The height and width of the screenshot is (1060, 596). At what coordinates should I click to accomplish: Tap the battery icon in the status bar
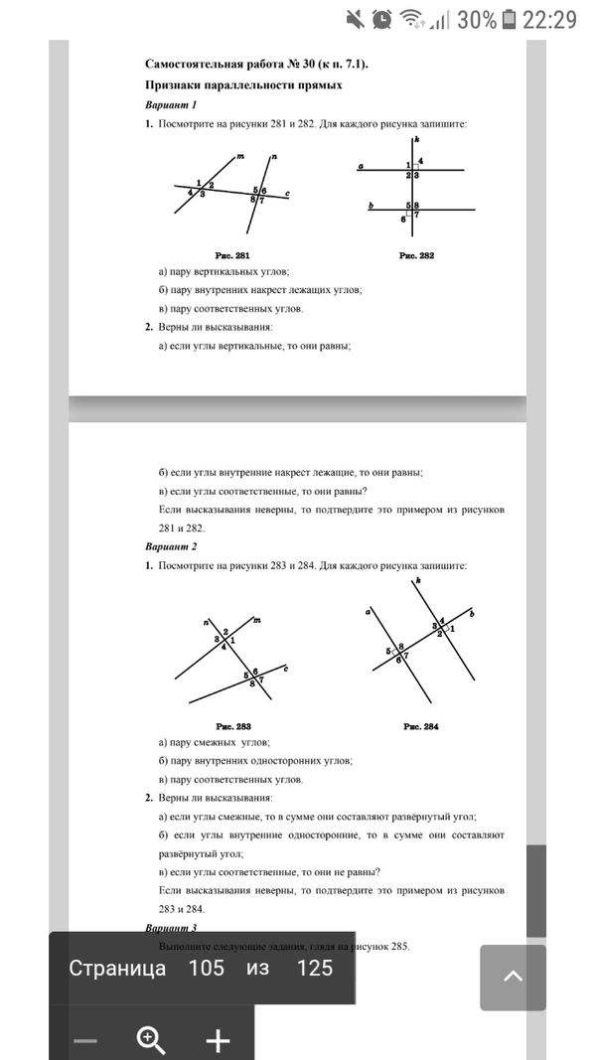tap(510, 19)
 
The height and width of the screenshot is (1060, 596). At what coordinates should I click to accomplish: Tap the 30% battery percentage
tap(477, 19)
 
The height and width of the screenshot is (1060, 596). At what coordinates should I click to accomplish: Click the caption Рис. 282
tap(417, 255)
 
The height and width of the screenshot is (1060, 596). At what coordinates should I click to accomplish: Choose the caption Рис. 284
tap(421, 726)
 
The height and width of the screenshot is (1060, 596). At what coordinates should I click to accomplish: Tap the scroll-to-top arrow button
tap(513, 978)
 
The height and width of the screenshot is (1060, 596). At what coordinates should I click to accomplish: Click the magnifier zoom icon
tap(151, 1039)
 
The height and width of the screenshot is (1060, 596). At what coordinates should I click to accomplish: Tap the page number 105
tap(206, 969)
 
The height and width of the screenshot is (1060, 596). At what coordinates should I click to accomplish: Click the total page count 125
tap(314, 969)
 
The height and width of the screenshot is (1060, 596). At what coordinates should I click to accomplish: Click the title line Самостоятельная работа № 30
tap(256, 65)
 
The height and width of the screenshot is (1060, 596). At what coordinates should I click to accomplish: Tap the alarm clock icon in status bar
tap(381, 19)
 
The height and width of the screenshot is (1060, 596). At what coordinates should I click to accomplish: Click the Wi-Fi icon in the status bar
tap(411, 19)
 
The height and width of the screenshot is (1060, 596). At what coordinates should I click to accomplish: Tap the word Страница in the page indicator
tap(117, 969)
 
